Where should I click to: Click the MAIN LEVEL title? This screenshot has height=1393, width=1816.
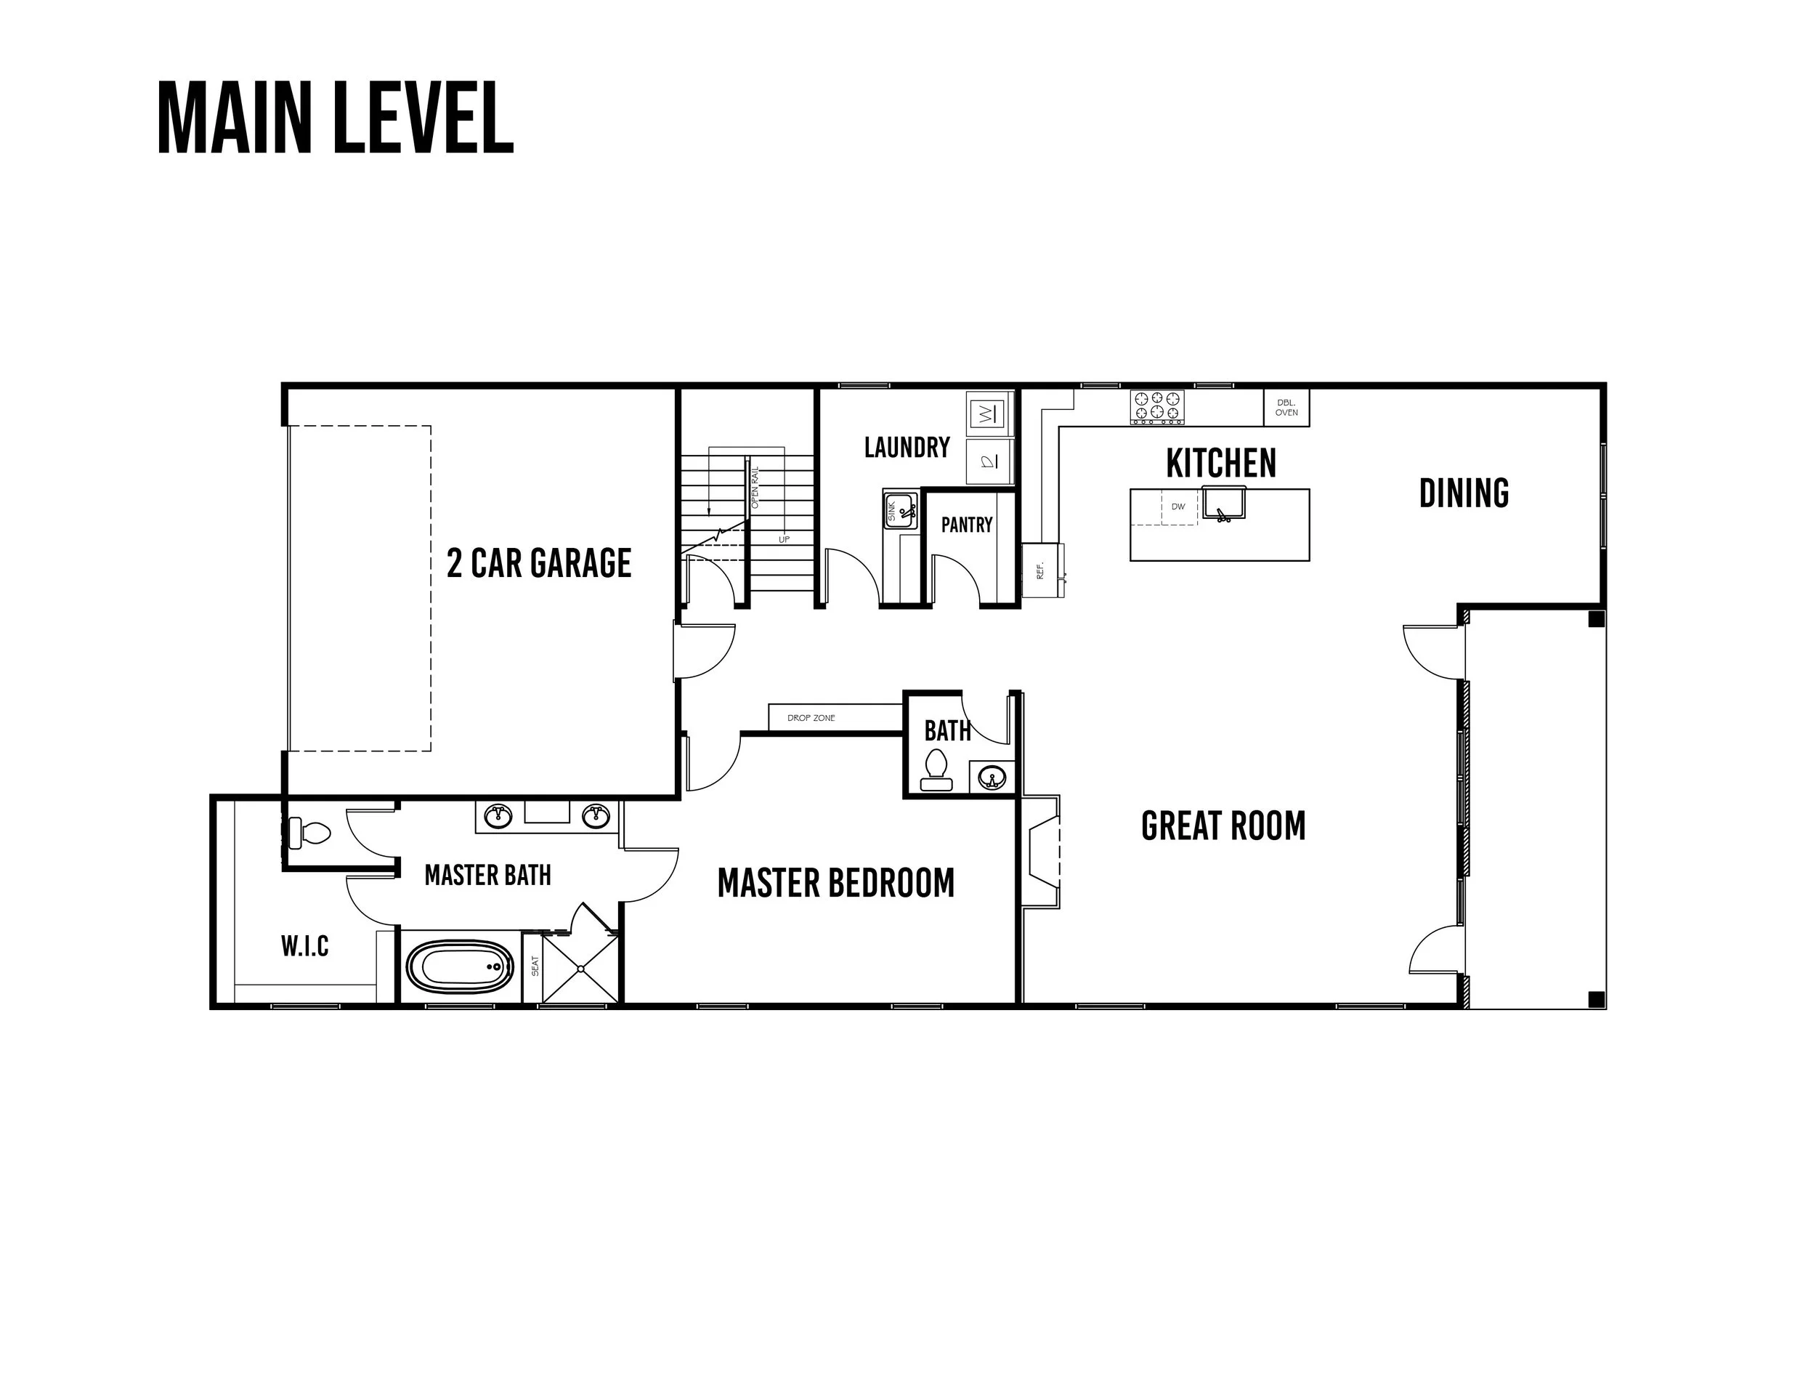tap(336, 118)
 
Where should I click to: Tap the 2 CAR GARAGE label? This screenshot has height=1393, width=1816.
tap(539, 563)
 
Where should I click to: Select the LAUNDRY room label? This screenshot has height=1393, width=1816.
tap(907, 448)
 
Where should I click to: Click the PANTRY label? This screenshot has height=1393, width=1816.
tap(966, 525)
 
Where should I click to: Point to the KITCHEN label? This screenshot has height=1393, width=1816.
tap(1221, 464)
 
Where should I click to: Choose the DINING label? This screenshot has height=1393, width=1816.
tap(1464, 493)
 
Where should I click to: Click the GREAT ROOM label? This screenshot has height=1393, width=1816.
tap(1223, 826)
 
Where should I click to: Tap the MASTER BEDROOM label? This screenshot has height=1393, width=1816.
tap(835, 883)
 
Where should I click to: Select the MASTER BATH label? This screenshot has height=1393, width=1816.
tap(487, 875)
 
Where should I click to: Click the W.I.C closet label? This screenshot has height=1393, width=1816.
tap(305, 945)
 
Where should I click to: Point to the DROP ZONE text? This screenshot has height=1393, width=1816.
tap(811, 718)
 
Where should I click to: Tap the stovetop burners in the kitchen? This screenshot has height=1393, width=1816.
tap(1157, 407)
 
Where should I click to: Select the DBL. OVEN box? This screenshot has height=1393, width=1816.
tap(1286, 408)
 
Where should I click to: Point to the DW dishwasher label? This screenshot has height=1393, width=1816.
tap(1177, 506)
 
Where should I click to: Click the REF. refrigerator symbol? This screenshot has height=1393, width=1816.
tap(1042, 570)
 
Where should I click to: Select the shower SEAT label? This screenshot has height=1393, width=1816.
tap(535, 966)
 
